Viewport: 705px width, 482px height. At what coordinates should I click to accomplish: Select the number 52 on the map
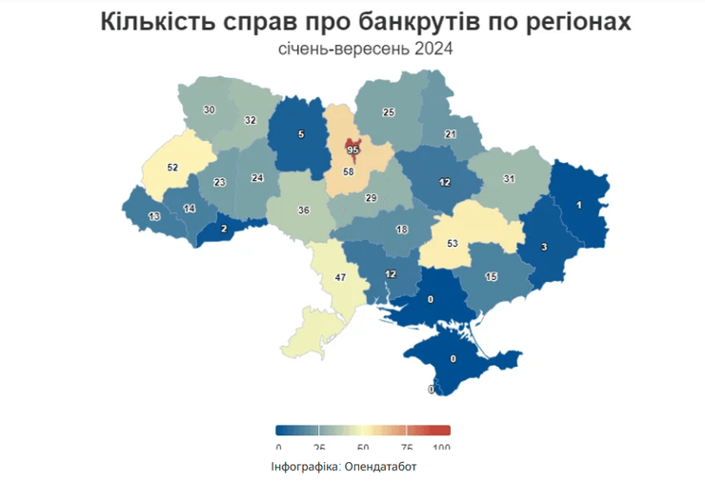[x=172, y=167]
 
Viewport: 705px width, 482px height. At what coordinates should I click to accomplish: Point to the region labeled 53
[x=453, y=243]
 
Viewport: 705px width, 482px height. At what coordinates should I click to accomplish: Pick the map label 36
[x=304, y=211]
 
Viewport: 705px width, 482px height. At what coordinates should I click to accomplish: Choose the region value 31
[x=509, y=179]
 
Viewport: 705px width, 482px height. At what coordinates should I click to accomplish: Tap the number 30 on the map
[x=209, y=110]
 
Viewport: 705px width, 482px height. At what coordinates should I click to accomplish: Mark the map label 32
[x=250, y=121]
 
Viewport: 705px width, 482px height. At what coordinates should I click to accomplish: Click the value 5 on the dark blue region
[x=301, y=134]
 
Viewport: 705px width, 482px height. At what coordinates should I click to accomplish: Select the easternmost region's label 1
[x=578, y=204]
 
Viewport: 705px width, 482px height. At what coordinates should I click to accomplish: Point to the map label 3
[x=543, y=248]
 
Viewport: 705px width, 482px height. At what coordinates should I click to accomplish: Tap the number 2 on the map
[x=223, y=229]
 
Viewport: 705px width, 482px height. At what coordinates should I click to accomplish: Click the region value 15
[x=492, y=276]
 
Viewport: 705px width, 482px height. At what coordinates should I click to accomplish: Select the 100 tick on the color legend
[x=441, y=447]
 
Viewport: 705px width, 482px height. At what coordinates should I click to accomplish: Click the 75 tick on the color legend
[x=406, y=447]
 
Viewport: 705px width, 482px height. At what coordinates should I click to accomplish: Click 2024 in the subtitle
[x=433, y=47]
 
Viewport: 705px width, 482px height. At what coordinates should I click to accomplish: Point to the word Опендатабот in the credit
[x=381, y=467]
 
